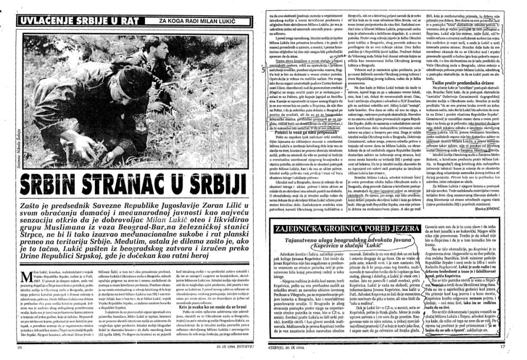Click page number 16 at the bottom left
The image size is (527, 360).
[19, 348]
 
